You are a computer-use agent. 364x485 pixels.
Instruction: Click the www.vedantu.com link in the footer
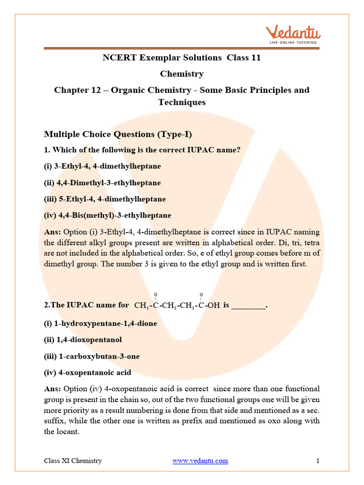[x=200, y=460]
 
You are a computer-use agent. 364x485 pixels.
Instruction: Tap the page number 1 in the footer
[x=318, y=460]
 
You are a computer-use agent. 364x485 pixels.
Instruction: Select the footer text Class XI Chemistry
[x=73, y=460]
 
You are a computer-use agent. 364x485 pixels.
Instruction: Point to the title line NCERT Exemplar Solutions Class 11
[x=182, y=58]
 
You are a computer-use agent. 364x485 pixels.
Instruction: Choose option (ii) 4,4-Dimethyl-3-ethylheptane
[x=102, y=183]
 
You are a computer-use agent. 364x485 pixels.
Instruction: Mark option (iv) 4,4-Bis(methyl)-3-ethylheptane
[x=108, y=215]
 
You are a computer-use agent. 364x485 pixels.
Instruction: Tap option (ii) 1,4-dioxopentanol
[x=83, y=340]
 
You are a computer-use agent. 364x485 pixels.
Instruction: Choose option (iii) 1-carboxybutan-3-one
[x=92, y=356]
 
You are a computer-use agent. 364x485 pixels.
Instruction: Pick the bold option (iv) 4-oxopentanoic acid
[x=88, y=372]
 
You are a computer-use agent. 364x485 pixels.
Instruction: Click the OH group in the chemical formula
[x=214, y=306]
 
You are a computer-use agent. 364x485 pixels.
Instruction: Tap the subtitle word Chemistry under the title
[x=182, y=74]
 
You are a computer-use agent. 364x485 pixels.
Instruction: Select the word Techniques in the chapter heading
[x=182, y=102]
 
